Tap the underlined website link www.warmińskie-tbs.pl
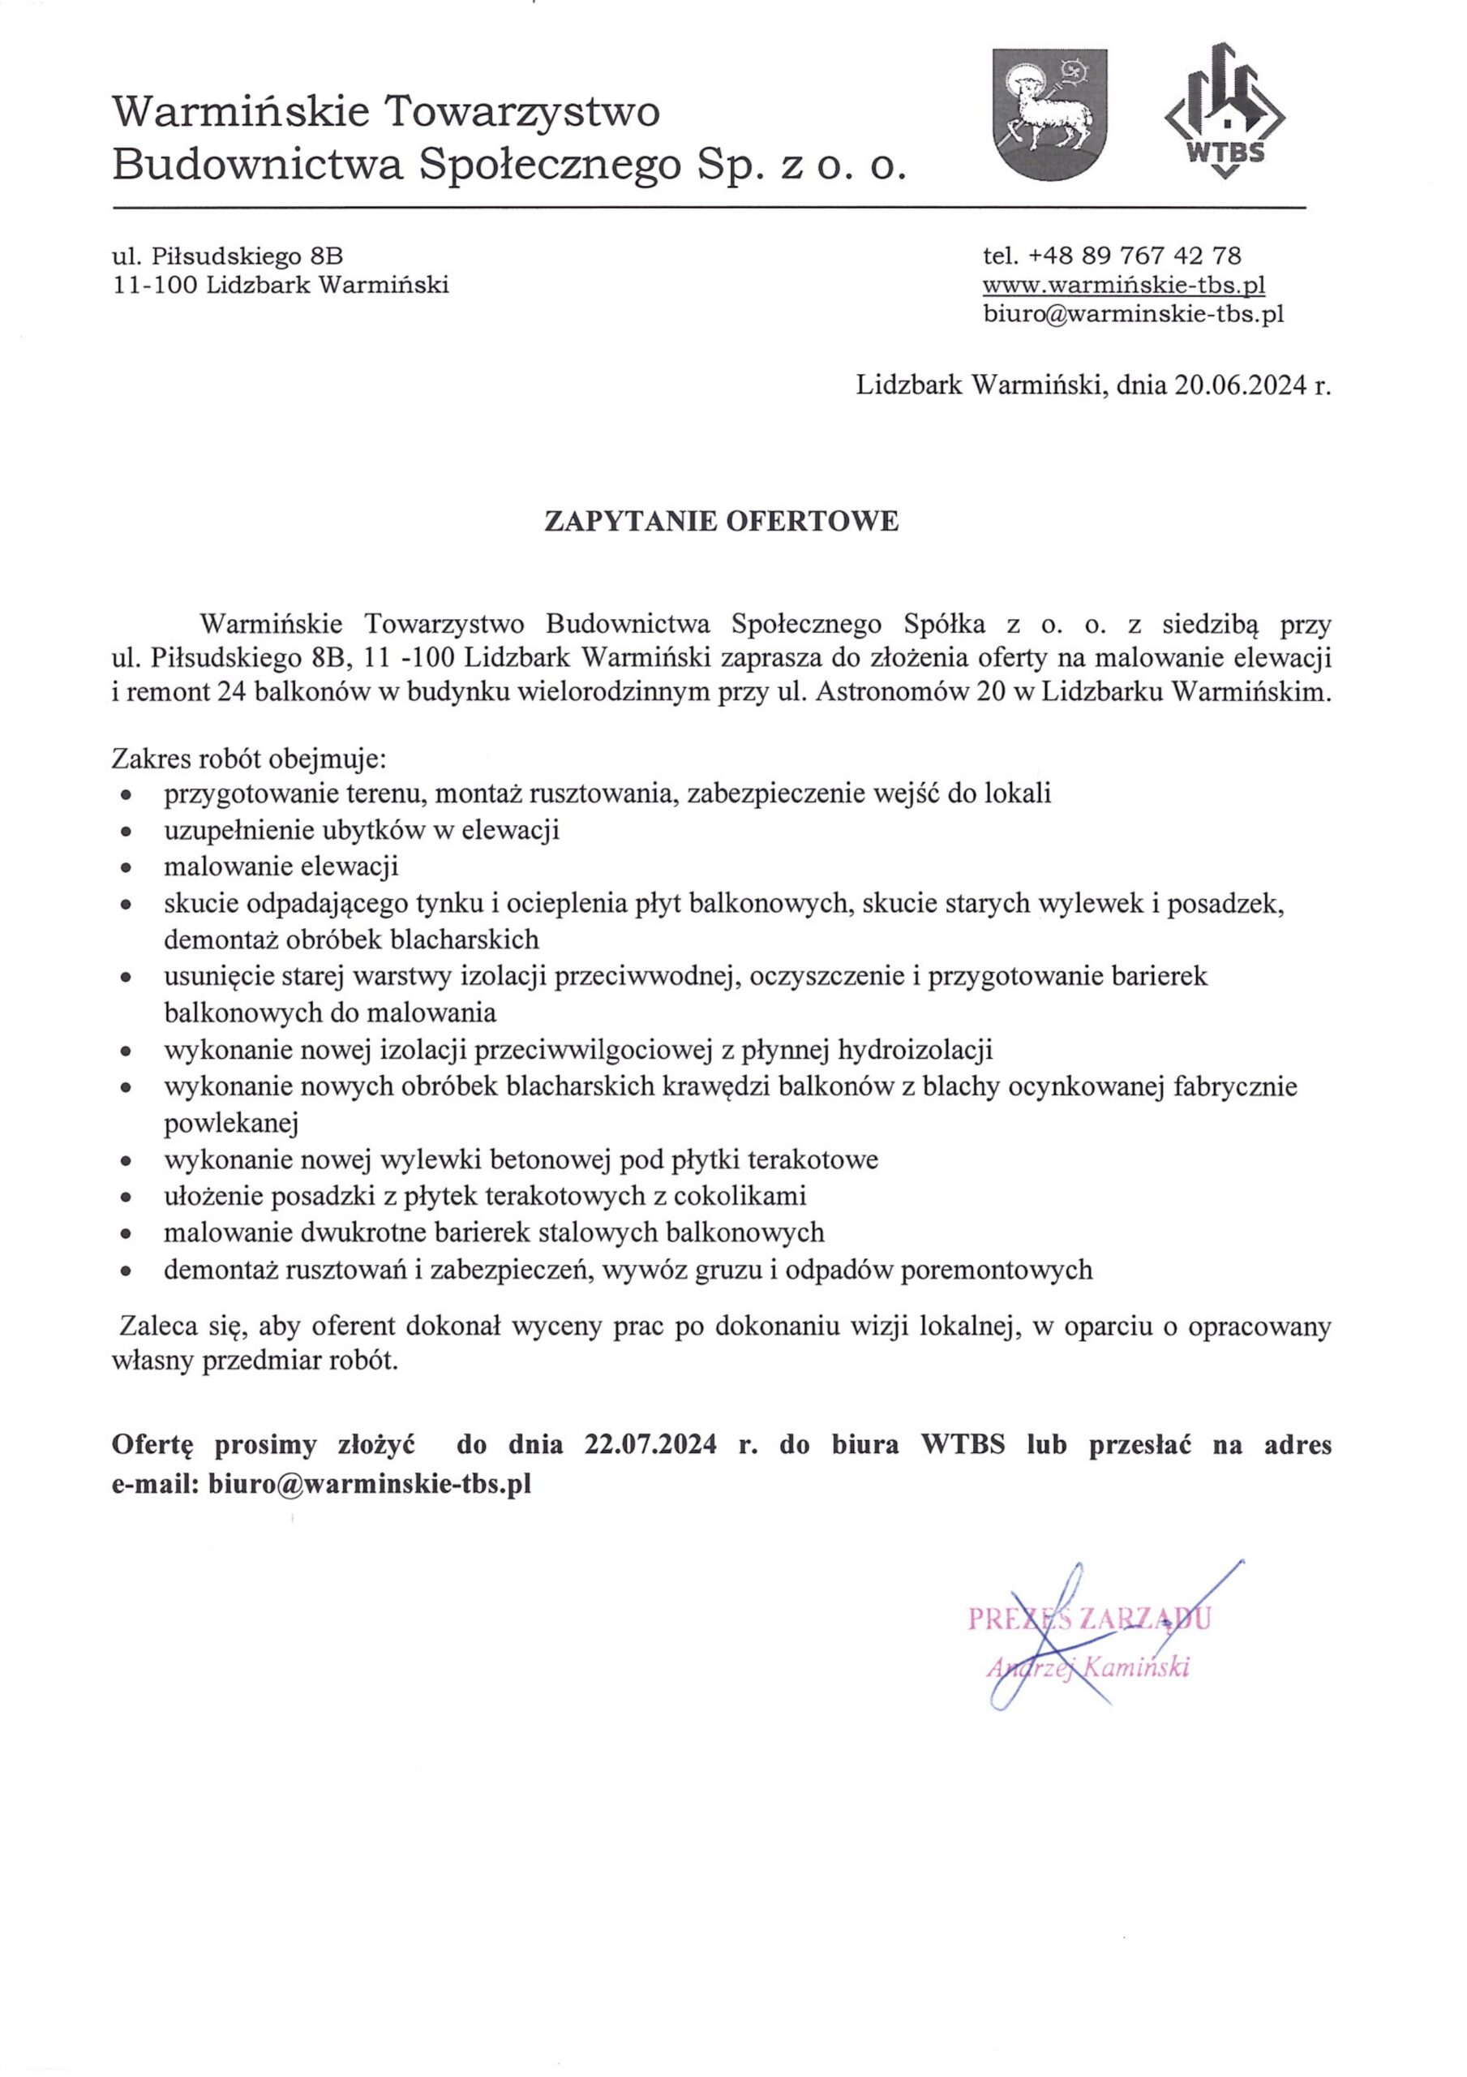coord(1123,285)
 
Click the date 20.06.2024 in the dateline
coord(1241,386)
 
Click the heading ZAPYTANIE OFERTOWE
coord(721,522)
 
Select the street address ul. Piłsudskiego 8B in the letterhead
coord(227,256)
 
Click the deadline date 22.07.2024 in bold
coord(650,1445)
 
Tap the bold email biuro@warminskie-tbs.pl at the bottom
coord(369,1485)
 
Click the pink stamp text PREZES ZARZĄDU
coord(1088,1618)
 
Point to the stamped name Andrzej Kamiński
coord(1088,1666)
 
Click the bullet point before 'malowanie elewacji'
coord(127,867)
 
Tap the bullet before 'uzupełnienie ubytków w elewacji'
coord(127,832)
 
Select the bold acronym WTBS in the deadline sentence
coord(963,1445)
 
